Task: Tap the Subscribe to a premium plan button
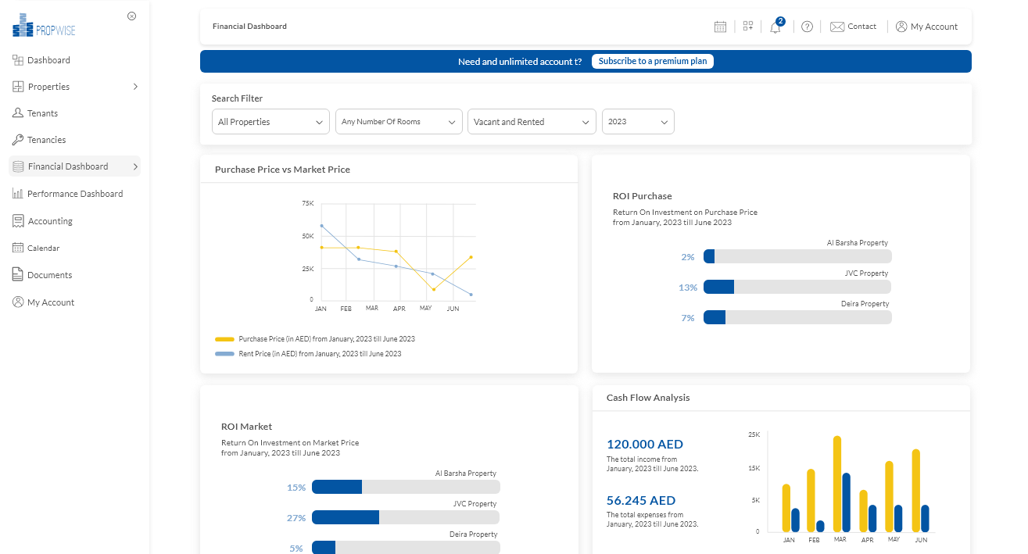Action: pos(652,61)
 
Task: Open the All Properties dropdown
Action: pos(270,122)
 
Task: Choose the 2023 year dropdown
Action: pos(637,122)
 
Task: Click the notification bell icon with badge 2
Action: pos(775,27)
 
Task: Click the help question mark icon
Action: pos(807,27)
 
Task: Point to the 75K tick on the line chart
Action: pos(307,203)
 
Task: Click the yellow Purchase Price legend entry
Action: pos(315,339)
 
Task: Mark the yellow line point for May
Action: pos(434,290)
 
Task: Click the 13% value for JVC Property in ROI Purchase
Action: pos(688,288)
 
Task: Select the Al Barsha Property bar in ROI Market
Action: pos(405,487)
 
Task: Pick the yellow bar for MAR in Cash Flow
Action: pos(837,484)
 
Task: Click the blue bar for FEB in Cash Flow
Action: pos(820,526)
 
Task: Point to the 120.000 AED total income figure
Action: pos(645,444)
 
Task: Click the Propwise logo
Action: pos(44,26)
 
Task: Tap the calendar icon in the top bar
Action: pos(720,27)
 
